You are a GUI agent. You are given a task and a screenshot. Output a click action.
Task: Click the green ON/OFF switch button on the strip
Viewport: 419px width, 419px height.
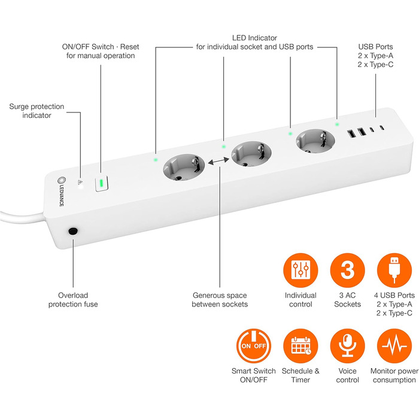102,183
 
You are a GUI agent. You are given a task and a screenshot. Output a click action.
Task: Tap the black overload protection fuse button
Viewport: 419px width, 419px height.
74,230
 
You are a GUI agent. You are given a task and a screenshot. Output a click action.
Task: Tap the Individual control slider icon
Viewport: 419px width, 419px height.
299,270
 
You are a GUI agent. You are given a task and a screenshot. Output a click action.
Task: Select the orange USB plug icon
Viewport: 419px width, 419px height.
394,270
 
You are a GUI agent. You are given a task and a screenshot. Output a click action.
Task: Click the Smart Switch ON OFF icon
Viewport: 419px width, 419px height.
253,345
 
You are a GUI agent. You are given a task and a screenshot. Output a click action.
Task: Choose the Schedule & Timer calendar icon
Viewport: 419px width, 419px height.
299,345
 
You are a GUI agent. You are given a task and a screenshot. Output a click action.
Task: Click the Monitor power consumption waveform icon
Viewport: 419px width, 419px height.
394,345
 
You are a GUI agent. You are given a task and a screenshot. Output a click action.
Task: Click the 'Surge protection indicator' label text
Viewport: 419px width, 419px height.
37,111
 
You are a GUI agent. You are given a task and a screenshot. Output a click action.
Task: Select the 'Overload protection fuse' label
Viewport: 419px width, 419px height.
74,299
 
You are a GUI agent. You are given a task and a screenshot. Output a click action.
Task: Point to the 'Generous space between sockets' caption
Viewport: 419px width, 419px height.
219,299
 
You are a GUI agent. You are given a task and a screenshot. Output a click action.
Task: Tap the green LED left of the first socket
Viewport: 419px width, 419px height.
155,160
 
